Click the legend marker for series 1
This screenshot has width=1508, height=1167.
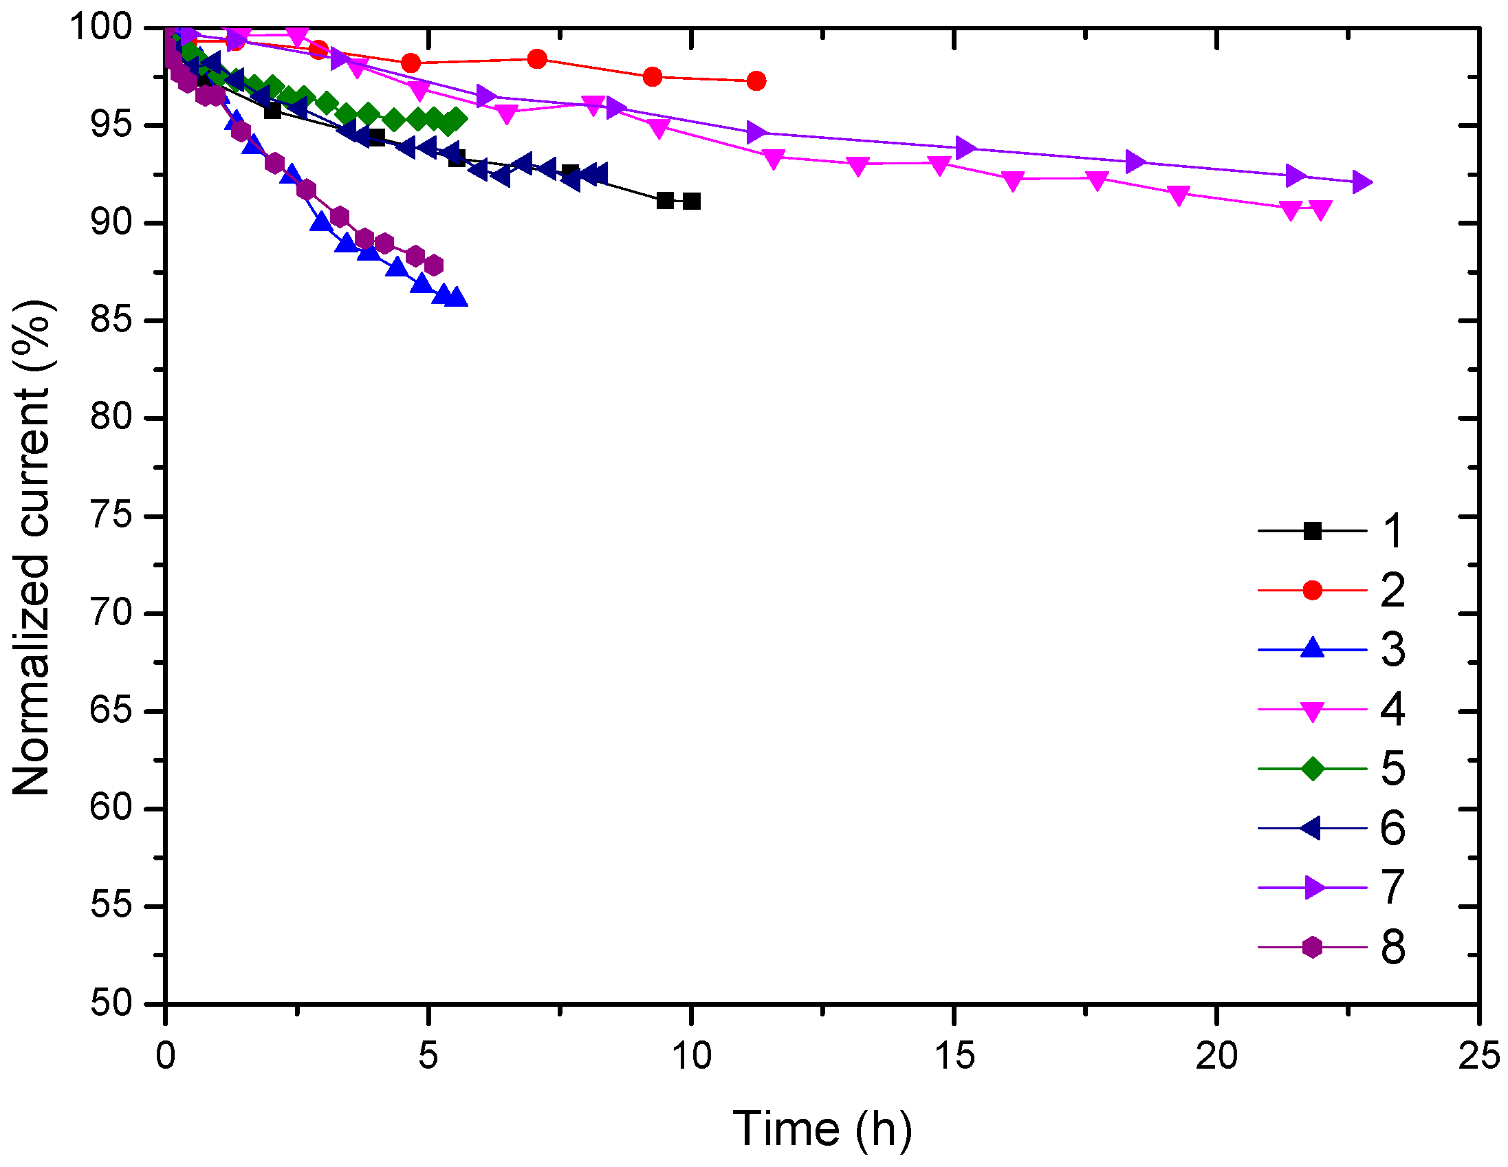coord(1311,531)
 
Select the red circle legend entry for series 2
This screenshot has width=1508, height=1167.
coord(1311,591)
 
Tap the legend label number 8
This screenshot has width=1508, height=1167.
coord(1392,948)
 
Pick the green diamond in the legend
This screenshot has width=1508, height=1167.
coord(1311,769)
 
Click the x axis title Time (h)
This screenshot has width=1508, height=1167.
coord(822,1128)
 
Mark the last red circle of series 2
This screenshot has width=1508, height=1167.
coord(756,81)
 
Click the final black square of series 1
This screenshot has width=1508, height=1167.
coord(691,201)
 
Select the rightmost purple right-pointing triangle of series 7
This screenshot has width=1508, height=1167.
coord(1361,182)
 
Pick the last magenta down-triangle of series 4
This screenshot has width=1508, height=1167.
coord(1320,210)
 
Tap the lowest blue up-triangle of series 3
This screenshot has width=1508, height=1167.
coord(456,298)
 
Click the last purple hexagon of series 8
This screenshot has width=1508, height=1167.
coord(434,265)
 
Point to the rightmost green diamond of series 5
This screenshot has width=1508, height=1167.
coord(456,119)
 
